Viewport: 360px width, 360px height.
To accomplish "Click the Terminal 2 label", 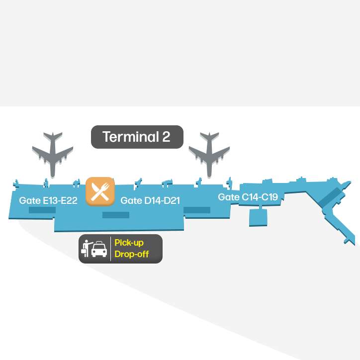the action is click(137, 137).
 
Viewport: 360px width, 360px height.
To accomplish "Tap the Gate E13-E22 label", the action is click(48, 200).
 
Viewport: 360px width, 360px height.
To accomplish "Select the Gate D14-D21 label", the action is click(150, 200).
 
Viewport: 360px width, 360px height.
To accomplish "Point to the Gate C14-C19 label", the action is click(248, 197).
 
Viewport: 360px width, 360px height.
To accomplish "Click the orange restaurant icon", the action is click(100, 191).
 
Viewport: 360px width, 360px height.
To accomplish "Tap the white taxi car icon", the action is click(99, 249).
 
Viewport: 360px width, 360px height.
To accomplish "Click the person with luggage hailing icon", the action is click(87, 249).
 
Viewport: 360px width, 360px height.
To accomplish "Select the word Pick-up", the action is click(129, 243).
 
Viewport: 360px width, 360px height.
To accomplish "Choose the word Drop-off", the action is click(132, 254).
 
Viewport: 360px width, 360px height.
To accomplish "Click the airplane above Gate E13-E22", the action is click(53, 155).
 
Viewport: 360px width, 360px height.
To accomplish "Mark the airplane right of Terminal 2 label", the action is click(209, 155).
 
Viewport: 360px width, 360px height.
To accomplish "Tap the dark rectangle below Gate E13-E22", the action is click(42, 210).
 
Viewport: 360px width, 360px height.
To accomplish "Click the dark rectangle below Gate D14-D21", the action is click(116, 215).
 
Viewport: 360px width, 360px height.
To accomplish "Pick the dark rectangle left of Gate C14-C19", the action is click(197, 210).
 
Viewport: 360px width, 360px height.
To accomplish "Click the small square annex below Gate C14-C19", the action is click(258, 217).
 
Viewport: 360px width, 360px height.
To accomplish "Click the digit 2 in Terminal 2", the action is click(166, 137).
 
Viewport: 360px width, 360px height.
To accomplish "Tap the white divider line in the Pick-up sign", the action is click(111, 249).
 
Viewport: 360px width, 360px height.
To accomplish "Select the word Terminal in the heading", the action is click(131, 137).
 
